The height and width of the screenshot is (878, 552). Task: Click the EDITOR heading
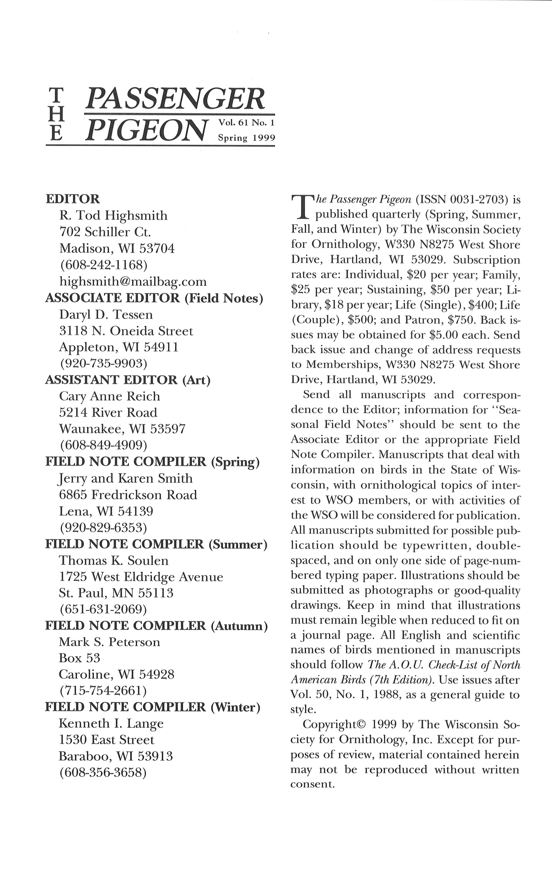click(72, 199)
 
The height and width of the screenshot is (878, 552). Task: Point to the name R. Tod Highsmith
click(113, 216)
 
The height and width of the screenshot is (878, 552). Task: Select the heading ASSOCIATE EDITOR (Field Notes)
click(154, 298)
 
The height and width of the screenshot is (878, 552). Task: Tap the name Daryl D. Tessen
click(106, 314)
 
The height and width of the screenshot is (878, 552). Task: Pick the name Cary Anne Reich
click(109, 396)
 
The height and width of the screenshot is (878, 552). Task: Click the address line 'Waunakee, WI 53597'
click(122, 428)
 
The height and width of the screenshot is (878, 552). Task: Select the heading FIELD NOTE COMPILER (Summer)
click(156, 544)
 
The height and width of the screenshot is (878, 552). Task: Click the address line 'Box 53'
click(79, 658)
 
